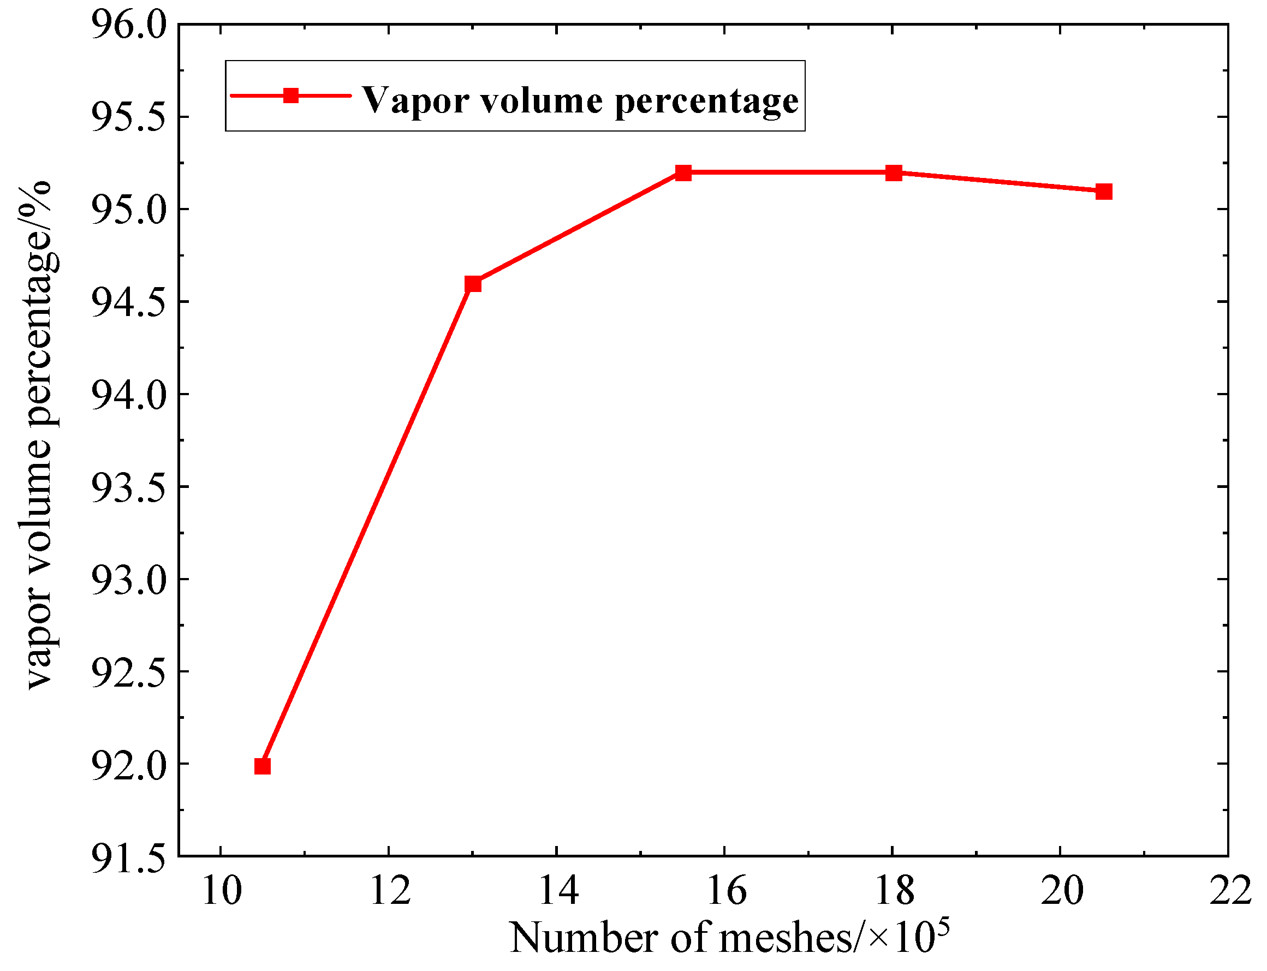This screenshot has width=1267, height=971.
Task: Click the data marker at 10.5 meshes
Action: coord(263,766)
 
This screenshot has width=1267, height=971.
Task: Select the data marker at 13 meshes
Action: coord(473,284)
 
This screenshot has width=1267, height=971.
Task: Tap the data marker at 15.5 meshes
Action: coord(683,173)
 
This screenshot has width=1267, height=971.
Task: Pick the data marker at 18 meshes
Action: coord(894,173)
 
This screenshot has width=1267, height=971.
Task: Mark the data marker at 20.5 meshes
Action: coord(1104,192)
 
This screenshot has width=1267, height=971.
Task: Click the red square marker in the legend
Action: coord(291,96)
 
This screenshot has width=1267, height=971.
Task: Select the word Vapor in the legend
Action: coord(415,100)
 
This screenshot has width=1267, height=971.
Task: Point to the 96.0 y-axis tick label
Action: coord(128,26)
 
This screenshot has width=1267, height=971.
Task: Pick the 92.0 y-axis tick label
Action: coord(128,765)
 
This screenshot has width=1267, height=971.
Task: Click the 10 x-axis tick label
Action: coord(221,891)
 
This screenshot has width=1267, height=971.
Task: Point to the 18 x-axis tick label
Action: coord(894,891)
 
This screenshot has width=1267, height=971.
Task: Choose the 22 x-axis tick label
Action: coord(1230,891)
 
